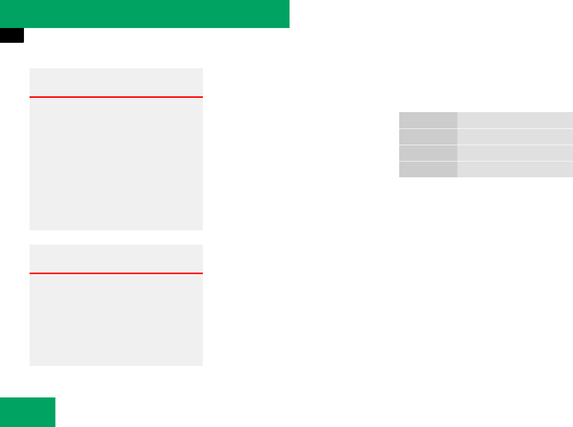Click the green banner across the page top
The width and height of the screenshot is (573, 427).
145,14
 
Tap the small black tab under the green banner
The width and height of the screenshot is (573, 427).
12,35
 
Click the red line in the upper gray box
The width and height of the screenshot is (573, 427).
116,97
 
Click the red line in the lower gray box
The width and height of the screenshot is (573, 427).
116,274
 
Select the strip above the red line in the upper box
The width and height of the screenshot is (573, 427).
116,82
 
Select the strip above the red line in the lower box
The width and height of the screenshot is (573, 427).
116,259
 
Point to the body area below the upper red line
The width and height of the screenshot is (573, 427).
116,164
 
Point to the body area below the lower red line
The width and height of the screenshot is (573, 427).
116,319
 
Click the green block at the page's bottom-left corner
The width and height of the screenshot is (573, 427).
28,412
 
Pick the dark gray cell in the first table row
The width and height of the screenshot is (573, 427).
428,120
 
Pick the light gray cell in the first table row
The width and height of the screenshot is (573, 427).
515,120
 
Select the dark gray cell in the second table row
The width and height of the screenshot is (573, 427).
428,137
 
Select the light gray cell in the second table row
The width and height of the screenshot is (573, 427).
515,137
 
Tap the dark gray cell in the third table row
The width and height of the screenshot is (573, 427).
428,153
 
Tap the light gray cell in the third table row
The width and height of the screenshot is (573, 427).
515,153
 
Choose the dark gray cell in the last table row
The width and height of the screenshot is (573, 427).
428,169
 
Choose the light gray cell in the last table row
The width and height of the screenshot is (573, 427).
515,169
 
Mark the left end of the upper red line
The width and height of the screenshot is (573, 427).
31,97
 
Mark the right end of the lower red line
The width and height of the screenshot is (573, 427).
201,274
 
